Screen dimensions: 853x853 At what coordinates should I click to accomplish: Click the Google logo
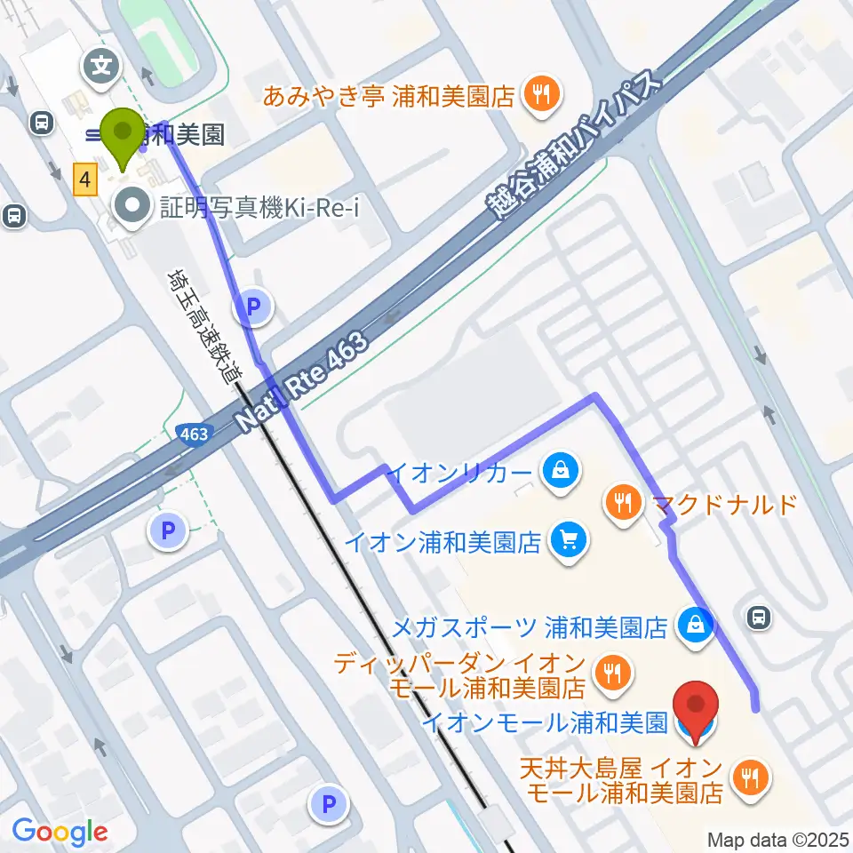point(60,833)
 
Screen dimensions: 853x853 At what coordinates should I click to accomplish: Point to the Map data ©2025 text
point(779,839)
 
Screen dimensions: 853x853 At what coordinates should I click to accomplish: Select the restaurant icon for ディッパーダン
point(611,673)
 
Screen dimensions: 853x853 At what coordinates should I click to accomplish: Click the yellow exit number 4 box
point(84,181)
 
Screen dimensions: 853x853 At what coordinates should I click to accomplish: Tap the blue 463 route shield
point(193,434)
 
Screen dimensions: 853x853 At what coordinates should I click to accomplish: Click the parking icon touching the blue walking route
point(253,307)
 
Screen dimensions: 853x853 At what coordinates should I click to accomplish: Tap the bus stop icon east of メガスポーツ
point(759,616)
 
